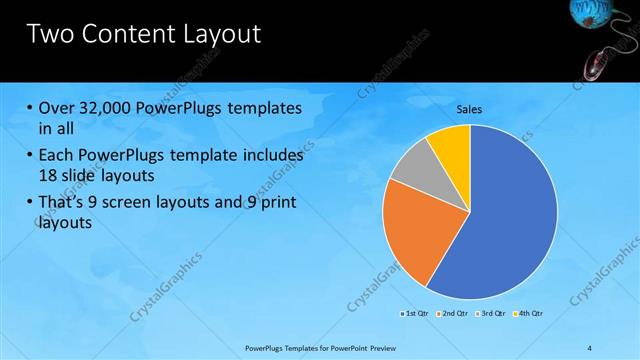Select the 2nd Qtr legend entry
454,314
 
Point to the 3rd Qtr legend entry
492,314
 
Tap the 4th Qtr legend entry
530,314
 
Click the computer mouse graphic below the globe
597,67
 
